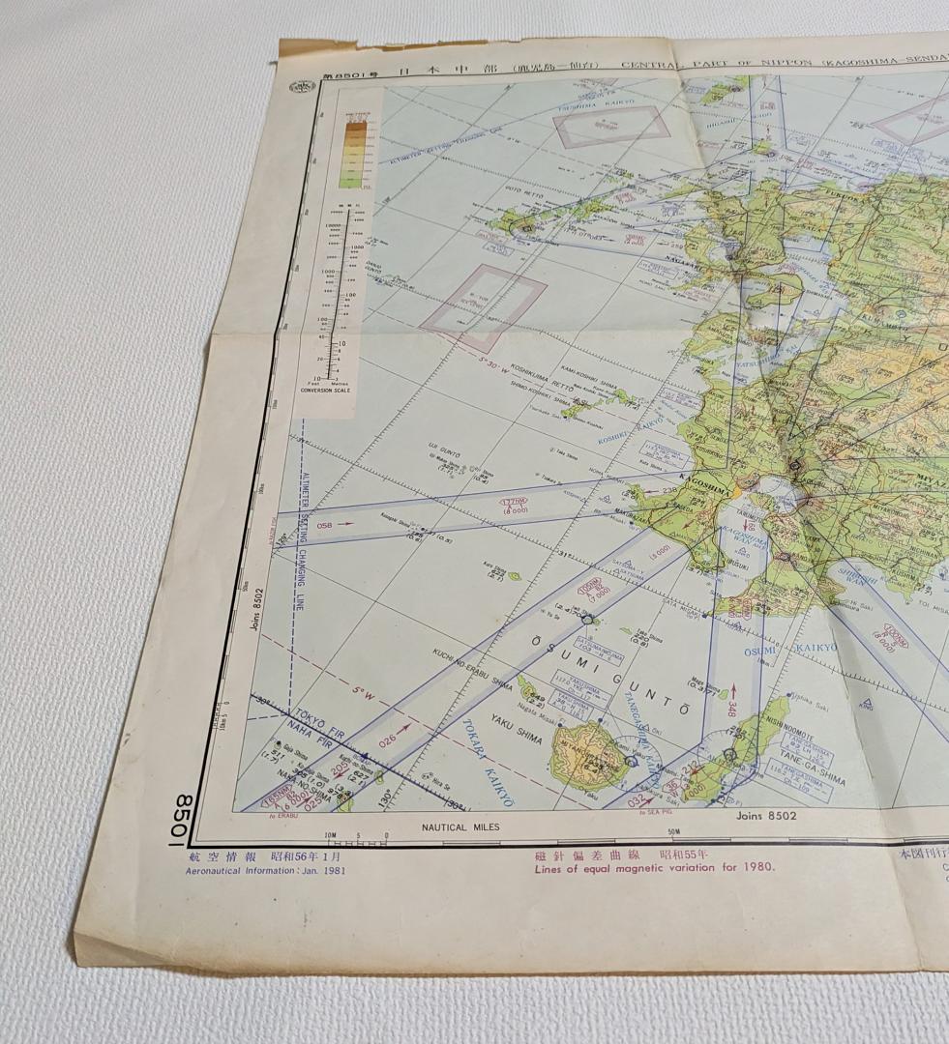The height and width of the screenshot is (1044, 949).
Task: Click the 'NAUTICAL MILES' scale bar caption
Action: pyautogui.click(x=460, y=827)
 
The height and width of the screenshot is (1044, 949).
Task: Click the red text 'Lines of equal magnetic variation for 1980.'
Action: pyautogui.click(x=654, y=867)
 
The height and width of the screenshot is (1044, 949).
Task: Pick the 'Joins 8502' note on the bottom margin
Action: pyautogui.click(x=765, y=816)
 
